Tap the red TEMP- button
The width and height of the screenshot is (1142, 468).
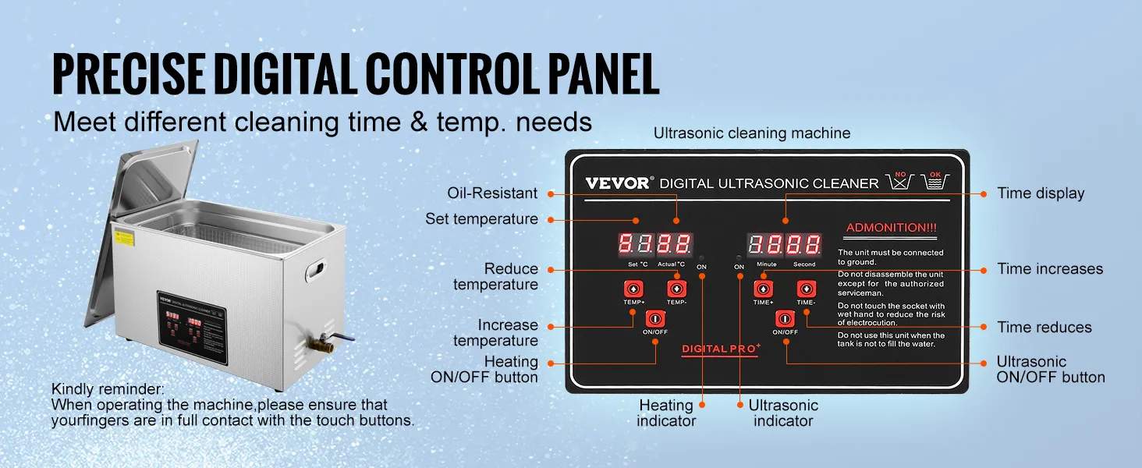676,289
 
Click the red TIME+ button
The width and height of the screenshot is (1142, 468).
763,289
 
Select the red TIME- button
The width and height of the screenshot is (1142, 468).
806,289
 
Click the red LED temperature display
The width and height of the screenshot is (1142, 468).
655,245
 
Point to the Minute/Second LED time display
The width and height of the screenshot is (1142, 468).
784,245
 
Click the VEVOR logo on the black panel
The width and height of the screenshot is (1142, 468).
617,183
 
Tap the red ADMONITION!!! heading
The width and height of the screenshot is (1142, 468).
892,228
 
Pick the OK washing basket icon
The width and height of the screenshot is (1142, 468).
935,182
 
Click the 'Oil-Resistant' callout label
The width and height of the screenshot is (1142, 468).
492,193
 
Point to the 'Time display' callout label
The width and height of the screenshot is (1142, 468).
1041,193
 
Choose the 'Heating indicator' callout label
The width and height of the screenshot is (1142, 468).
665,413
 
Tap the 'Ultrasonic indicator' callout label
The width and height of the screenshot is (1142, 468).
783,413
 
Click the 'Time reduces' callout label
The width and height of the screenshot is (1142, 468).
1044,328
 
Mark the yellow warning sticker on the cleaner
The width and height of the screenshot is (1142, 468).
124,238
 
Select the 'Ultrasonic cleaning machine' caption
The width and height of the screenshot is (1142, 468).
751,133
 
